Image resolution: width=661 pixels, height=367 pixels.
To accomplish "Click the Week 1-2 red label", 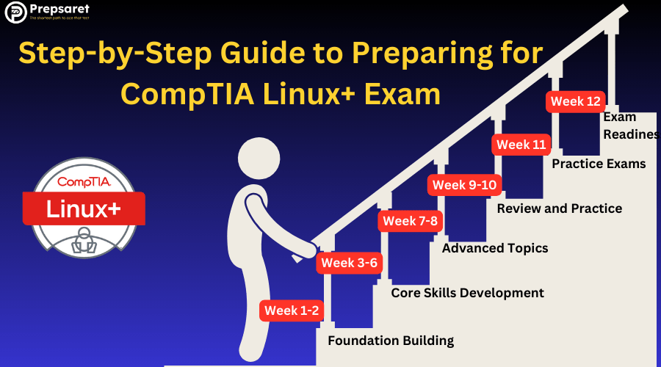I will click(292, 310).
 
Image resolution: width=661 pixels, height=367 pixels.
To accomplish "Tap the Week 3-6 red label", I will click(348, 263).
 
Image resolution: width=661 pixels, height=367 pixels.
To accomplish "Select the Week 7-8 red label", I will click(410, 221).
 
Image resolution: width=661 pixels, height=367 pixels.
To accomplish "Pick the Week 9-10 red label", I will click(464, 185).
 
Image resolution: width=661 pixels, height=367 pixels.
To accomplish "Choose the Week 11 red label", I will click(521, 145).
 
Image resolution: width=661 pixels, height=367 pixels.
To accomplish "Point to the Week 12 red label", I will click(576, 102).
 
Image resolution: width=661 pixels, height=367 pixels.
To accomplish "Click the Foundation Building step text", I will click(391, 341).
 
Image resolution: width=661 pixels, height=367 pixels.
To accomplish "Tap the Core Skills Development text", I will click(467, 293).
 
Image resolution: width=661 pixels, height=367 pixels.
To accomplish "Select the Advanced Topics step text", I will click(495, 248).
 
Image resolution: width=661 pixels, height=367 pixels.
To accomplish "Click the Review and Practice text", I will click(559, 208).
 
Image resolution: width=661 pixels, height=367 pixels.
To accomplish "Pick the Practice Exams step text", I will click(599, 164).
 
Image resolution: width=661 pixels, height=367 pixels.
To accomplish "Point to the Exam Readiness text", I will click(630, 126).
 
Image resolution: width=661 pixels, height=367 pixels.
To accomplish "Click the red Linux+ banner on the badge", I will click(83, 208).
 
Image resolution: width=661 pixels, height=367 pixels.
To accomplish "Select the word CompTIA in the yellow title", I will click(189, 94).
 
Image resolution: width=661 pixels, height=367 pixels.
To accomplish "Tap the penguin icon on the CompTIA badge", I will click(83, 240).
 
